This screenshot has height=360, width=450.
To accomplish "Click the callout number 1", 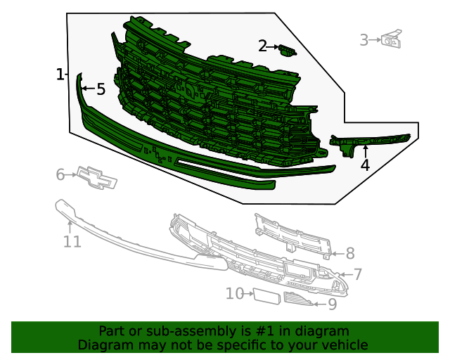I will point(60,75).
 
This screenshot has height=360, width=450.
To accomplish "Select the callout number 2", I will point(262,46).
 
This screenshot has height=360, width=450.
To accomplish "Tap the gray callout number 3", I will point(364,40).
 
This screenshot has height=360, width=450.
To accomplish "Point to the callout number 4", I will point(365,166).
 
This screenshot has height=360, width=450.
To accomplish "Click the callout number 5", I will point(101,89).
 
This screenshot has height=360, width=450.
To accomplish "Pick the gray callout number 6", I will point(60,174).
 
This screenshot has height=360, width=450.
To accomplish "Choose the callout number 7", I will point(357,275).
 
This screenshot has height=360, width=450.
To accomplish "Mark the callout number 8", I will point(349,253).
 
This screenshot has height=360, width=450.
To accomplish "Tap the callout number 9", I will point(332,304).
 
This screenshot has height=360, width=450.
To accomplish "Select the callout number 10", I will point(234,293).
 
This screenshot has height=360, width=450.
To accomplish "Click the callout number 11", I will point(72,242).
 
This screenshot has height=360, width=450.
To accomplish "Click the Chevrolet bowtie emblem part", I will point(96,178).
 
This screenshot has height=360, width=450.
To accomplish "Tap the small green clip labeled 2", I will point(287,49).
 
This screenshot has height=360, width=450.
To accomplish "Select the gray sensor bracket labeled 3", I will point(391,39).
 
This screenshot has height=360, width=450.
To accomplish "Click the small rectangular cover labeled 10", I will point(266,295).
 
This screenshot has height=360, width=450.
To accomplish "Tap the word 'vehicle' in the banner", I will point(342,345).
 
